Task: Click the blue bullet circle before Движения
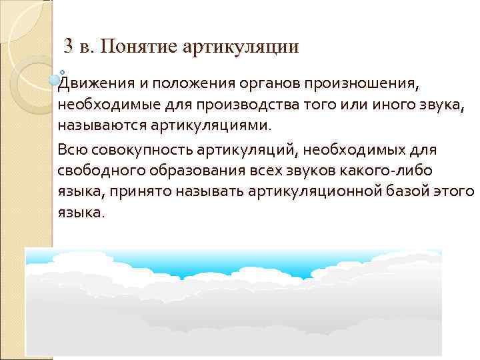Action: click(55, 80)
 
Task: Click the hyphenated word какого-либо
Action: click(399, 172)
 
